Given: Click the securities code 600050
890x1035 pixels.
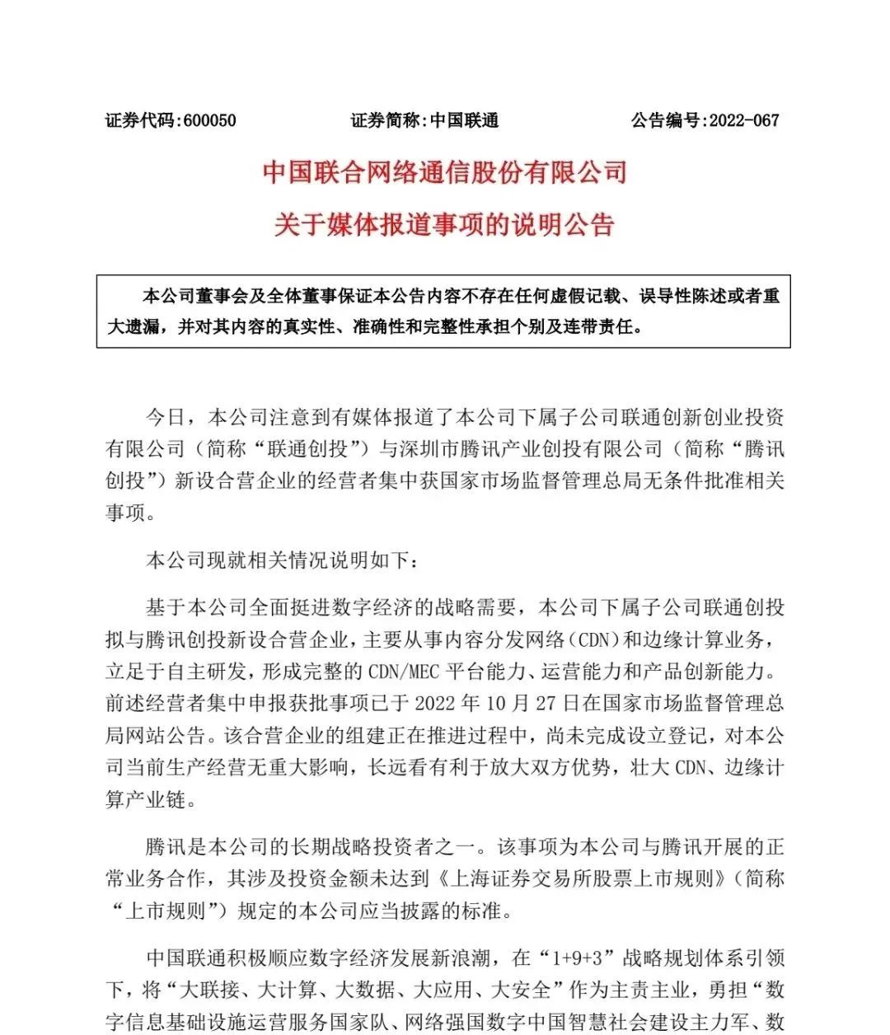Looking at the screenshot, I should [209, 121].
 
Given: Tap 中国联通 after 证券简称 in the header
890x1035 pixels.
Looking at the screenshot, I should [465, 121].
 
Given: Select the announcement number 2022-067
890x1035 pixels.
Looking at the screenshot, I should [743, 121].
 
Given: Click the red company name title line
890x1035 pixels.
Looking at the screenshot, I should [445, 172].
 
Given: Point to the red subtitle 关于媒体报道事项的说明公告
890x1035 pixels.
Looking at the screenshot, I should [445, 224].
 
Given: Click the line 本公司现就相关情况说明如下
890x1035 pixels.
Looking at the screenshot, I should [282, 560].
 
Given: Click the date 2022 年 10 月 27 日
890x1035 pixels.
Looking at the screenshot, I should [499, 704].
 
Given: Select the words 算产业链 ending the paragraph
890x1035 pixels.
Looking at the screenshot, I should [152, 799].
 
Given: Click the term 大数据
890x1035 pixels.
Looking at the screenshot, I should [360, 990].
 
